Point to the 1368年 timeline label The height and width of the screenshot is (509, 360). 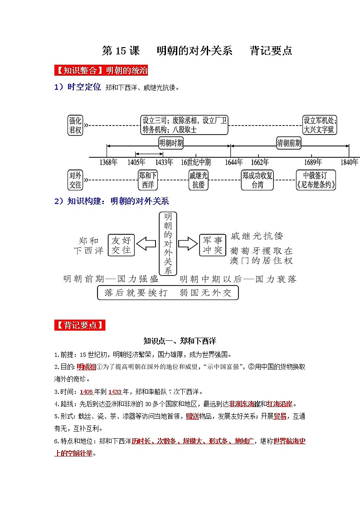[109, 162]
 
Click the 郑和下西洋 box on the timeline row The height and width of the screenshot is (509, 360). [148, 180]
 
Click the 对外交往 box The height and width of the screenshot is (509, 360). [75, 180]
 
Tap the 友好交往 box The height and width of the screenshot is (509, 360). [121, 245]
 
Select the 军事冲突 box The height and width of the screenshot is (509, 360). [213, 245]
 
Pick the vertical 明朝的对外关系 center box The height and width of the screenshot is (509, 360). [168, 243]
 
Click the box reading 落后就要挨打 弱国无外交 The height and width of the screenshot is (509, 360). [168, 293]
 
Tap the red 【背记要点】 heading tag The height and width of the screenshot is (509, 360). [80, 325]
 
